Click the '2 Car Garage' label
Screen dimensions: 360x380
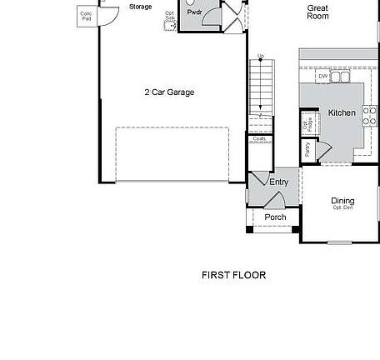coord(168,92)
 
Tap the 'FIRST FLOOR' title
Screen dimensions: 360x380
coord(234,275)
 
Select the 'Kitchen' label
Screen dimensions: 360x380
coord(342,112)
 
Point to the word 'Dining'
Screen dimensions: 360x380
coord(342,201)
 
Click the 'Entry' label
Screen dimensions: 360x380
coord(278,182)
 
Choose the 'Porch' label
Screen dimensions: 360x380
coord(275,217)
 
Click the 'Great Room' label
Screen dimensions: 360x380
coord(317,12)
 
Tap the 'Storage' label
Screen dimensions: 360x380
coord(141,7)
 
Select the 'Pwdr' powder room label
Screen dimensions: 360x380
coord(194,12)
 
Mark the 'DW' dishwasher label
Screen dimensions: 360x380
coord(322,77)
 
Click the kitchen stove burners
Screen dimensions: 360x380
coord(367,120)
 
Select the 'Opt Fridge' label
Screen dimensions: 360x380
coord(307,125)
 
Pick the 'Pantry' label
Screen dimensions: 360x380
coord(307,150)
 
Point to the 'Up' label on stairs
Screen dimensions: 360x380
coord(261,57)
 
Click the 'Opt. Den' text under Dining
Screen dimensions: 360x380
coord(342,207)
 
